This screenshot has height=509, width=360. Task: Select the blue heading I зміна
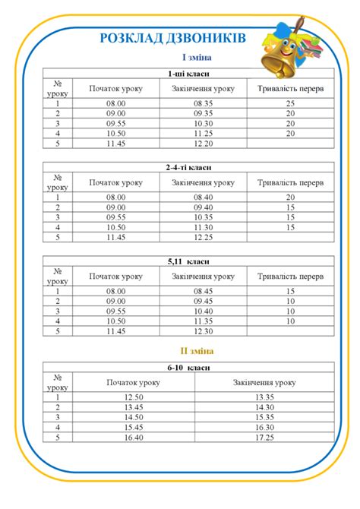[x=196, y=58]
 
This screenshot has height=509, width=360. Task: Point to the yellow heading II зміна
[x=196, y=351]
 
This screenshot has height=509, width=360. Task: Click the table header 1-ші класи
[x=188, y=74]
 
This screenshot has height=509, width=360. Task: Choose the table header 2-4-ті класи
[x=188, y=167]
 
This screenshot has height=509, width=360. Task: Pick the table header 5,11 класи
[x=188, y=261]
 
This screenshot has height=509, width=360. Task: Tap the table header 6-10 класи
[x=188, y=367]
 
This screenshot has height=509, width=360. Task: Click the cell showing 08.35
[x=203, y=103]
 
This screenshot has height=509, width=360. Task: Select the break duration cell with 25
[x=290, y=103]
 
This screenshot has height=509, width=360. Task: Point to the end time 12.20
[x=203, y=143]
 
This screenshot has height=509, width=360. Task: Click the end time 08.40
[x=203, y=198]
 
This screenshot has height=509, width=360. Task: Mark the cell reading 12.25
[x=203, y=237]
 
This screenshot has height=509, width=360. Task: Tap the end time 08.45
[x=203, y=291]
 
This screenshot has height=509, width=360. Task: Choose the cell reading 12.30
[x=203, y=330]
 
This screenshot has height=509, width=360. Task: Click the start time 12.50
[x=134, y=397]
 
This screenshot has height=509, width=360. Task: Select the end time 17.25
[x=264, y=437]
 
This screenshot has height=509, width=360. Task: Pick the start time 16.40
[x=134, y=437]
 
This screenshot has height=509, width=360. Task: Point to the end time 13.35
[x=264, y=397]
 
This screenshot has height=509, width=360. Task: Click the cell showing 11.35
[x=203, y=321]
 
